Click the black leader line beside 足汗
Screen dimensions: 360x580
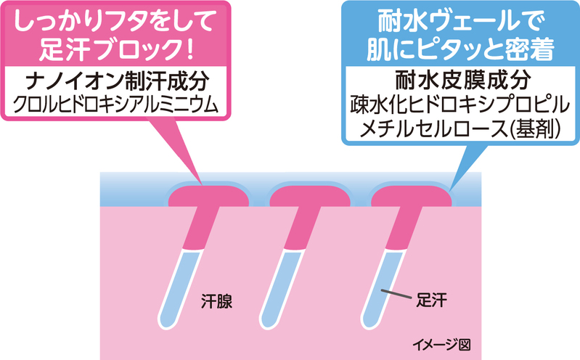(399, 294)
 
